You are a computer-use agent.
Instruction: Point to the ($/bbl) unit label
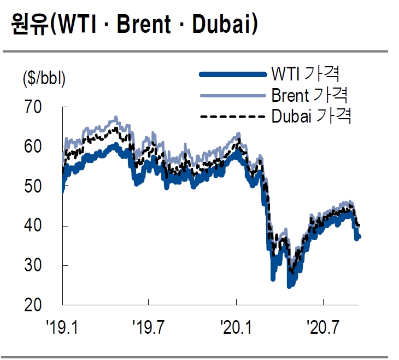coord(44,79)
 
